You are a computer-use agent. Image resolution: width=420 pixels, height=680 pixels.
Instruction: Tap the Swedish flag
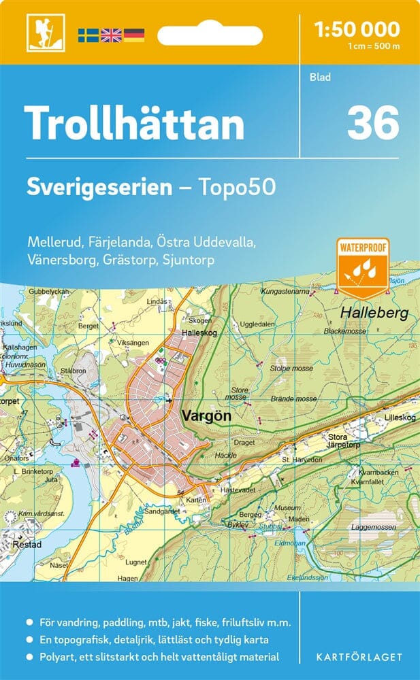(88, 35)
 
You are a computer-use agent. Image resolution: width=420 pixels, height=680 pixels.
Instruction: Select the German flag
(134, 35)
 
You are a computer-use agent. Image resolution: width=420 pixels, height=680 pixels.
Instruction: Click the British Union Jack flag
(110, 35)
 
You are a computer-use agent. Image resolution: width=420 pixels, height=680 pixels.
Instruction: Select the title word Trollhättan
(134, 124)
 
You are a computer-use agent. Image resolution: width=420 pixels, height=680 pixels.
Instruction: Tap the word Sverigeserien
(99, 187)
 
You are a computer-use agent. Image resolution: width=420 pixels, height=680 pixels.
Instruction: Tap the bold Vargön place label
(207, 414)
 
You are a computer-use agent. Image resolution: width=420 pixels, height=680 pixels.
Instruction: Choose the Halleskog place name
(199, 333)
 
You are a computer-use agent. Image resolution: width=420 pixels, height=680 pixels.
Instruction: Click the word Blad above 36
(320, 77)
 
